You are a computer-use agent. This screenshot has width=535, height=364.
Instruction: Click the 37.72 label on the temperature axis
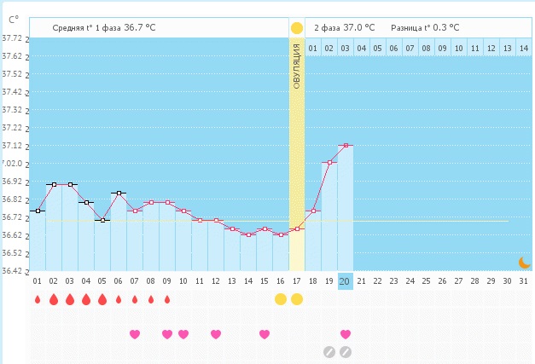click(x=12, y=38)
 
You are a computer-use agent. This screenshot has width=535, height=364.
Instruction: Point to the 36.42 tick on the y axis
click(x=12, y=271)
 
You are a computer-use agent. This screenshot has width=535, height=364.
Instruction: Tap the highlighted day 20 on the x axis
click(x=345, y=280)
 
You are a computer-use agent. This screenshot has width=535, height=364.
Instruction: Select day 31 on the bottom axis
click(x=523, y=280)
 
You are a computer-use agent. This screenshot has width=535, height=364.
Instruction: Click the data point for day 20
click(x=345, y=146)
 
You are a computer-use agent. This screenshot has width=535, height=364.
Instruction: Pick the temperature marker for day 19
click(x=329, y=162)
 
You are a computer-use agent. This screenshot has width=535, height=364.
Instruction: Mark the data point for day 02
click(x=53, y=184)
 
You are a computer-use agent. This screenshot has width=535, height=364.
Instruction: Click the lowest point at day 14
click(x=248, y=234)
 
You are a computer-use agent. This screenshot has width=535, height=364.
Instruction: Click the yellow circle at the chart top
click(x=296, y=28)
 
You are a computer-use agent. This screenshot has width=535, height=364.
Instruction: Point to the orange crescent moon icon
click(x=525, y=263)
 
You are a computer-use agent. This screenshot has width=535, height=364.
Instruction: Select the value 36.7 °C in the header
click(x=140, y=27)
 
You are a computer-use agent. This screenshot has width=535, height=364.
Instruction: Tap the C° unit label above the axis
click(x=14, y=18)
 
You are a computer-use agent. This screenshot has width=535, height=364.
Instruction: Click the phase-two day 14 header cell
click(x=524, y=48)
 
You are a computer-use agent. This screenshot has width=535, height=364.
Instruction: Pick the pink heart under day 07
click(x=134, y=334)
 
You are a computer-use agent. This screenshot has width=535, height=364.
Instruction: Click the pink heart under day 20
click(x=345, y=334)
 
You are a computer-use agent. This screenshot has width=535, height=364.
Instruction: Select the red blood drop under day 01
click(x=37, y=299)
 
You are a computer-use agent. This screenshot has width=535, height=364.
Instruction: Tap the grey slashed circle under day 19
click(x=329, y=351)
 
